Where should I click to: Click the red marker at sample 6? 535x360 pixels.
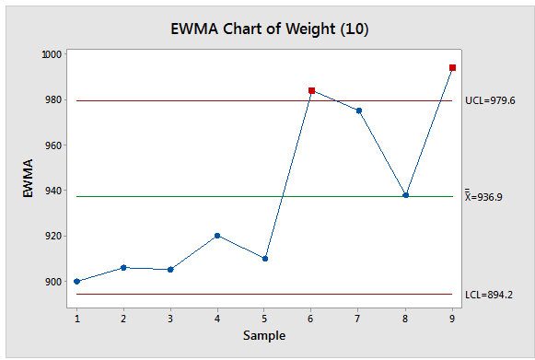[x=311, y=90]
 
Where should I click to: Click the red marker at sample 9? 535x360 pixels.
[x=452, y=67]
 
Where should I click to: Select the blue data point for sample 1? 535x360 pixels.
[x=76, y=281]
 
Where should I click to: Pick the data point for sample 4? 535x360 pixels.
[x=217, y=235]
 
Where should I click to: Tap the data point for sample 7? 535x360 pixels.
[x=358, y=110]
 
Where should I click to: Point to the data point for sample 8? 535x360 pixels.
[x=405, y=195]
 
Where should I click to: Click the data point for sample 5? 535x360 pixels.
[x=264, y=258]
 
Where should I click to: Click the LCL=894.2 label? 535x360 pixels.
[x=488, y=295]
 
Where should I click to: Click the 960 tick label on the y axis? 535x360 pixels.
[x=52, y=145]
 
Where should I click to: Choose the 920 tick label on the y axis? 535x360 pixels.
[x=52, y=236]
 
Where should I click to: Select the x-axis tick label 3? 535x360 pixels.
[x=170, y=318]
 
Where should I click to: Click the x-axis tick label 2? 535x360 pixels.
[x=123, y=318]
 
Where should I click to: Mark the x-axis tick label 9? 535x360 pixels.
[x=452, y=318]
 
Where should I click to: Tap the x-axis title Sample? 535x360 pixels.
[x=264, y=335]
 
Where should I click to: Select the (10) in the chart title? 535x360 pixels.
[x=355, y=29]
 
